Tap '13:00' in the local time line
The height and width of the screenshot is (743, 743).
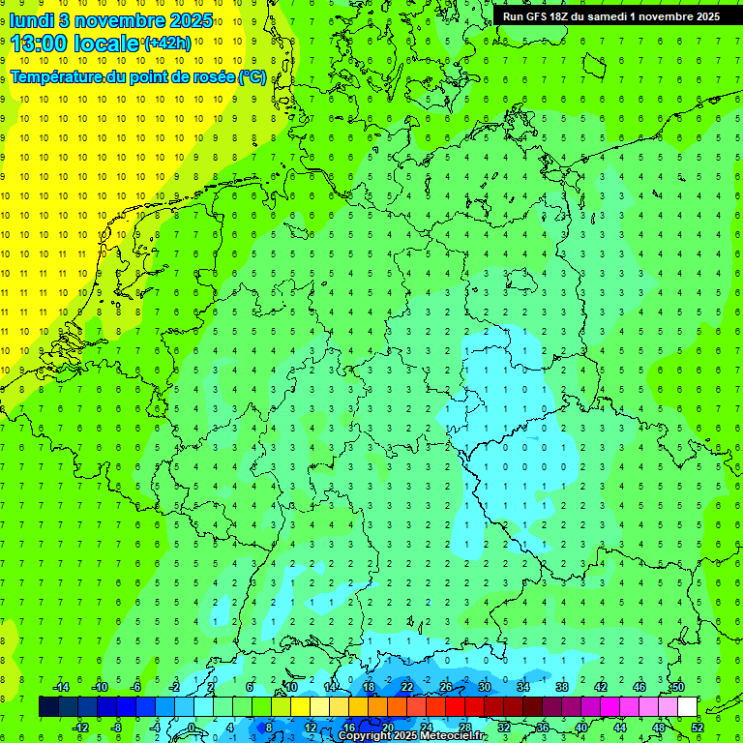pyautogui.click(x=39, y=45)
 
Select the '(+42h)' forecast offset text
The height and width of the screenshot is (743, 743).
pyautogui.click(x=167, y=44)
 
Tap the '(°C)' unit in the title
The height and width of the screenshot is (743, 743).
pyautogui.click(x=253, y=77)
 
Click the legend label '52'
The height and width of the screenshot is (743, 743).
pyautogui.click(x=698, y=728)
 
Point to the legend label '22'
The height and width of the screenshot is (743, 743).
pyautogui.click(x=407, y=687)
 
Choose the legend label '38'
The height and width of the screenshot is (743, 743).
pyautogui.click(x=562, y=687)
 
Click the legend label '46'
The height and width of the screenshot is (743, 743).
pyautogui.click(x=639, y=687)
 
